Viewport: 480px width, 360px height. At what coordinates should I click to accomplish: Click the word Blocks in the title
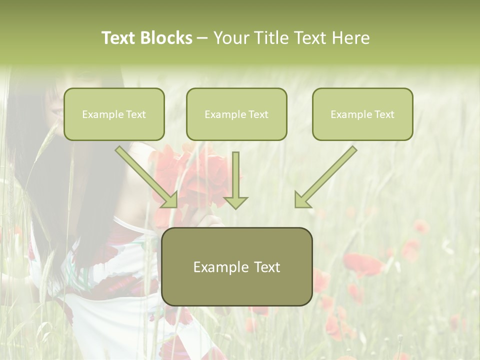tap(167, 38)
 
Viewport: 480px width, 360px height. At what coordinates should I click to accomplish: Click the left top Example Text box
tap(114, 114)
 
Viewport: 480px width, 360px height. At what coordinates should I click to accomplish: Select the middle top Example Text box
tap(236, 114)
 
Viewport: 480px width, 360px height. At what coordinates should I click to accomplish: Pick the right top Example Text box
tap(362, 114)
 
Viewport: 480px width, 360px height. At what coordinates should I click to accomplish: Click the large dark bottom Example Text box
tap(236, 267)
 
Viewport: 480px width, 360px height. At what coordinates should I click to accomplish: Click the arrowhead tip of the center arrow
tap(235, 207)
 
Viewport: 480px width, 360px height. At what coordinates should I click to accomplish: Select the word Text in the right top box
tap(384, 114)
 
